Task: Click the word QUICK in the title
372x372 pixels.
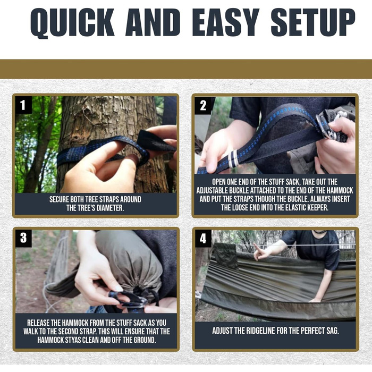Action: tap(73, 22)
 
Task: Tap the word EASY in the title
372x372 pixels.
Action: tap(225, 22)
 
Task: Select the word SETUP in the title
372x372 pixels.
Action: tap(313, 22)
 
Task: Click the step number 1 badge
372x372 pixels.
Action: tap(23, 105)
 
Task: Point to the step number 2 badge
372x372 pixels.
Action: tap(203, 106)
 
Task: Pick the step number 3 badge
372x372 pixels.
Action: tap(23, 238)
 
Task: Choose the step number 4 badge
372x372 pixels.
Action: tap(203, 239)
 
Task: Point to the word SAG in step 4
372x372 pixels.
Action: tap(332, 331)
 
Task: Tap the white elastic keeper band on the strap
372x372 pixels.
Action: tap(233, 159)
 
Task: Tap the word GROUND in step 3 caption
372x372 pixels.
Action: tap(144, 340)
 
